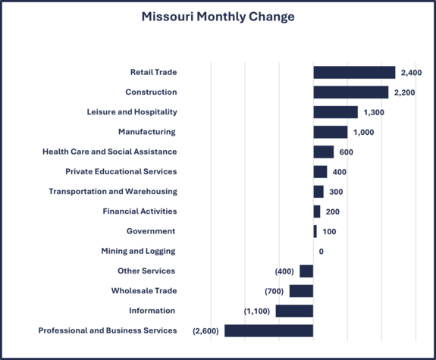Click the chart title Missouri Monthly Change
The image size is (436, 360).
[x=218, y=17]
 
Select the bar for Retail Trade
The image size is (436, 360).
[x=354, y=73]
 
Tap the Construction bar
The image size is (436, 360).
[x=350, y=92]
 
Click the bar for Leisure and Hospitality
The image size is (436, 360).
[x=335, y=112]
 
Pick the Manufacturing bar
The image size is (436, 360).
[x=330, y=132]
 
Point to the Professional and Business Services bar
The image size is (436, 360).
[x=268, y=330]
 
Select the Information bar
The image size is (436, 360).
[x=294, y=311]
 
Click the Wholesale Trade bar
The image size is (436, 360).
[x=301, y=291]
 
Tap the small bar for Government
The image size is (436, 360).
[x=315, y=231]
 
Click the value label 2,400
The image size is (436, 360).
[x=411, y=73]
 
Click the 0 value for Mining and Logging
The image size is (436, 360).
[x=322, y=251]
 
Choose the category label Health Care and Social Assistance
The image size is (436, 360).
[x=109, y=152]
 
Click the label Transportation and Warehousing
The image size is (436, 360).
[x=113, y=192]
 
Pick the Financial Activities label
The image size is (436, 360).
[x=140, y=211]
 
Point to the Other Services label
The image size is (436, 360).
[x=146, y=271]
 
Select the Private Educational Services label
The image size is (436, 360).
[x=121, y=171]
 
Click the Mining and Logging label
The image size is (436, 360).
[x=138, y=251]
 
